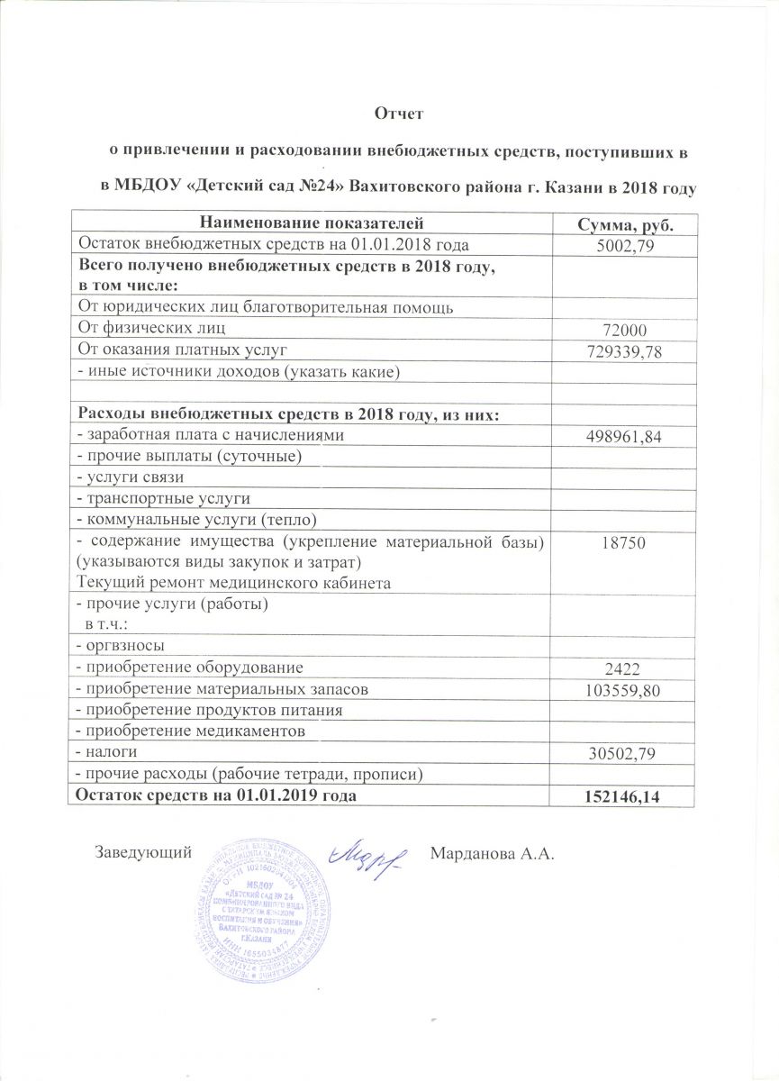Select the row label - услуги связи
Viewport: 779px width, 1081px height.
131,477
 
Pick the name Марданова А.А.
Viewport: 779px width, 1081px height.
491,852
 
